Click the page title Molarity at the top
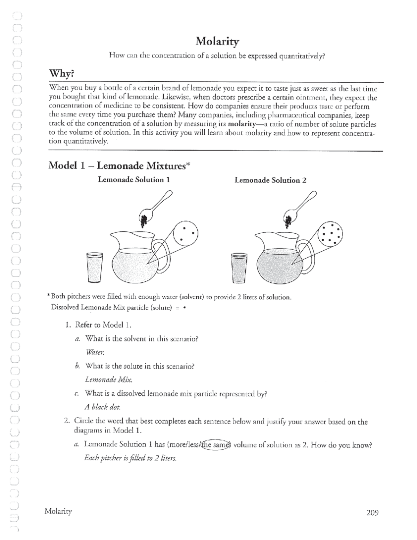click(x=217, y=42)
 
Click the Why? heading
click(x=62, y=74)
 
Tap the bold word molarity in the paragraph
click(x=242, y=124)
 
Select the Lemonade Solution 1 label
click(x=134, y=180)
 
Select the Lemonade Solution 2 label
click(x=270, y=180)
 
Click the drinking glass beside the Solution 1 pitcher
click(x=95, y=267)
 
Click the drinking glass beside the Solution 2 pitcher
click(x=239, y=268)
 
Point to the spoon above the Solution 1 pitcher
click(x=155, y=207)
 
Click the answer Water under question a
click(x=95, y=352)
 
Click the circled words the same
click(x=216, y=445)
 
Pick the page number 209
click(x=372, y=512)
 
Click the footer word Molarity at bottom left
click(x=58, y=511)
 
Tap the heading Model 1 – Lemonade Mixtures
click(x=119, y=166)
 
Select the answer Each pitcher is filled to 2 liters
click(x=131, y=458)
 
